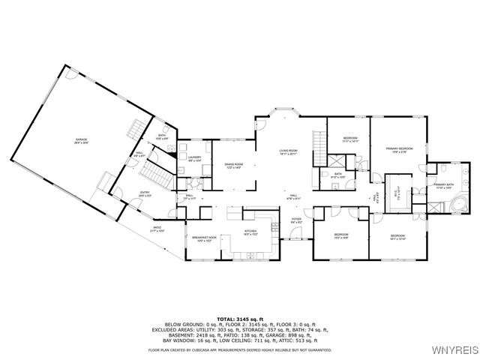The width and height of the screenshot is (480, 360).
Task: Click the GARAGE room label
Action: pyautogui.click(x=80, y=141)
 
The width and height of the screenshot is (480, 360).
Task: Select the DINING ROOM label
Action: pyautogui.click(x=233, y=166)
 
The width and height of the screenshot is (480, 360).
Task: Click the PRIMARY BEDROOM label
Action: pyautogui.click(x=400, y=150)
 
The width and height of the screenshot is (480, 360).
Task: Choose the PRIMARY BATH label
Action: pyautogui.click(x=443, y=186)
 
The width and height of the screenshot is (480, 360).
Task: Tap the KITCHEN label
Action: pyautogui.click(x=250, y=232)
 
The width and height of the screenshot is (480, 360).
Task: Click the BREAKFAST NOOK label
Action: pyautogui.click(x=204, y=238)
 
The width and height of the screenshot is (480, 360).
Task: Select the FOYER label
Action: pyautogui.click(x=296, y=220)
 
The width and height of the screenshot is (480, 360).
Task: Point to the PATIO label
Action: pyautogui.click(x=157, y=229)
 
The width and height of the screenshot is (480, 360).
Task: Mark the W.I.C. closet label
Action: pyautogui.click(x=400, y=187)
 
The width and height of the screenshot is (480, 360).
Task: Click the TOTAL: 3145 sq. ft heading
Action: pyautogui.click(x=240, y=318)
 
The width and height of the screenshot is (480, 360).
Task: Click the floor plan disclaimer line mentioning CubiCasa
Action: pyautogui.click(x=240, y=349)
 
